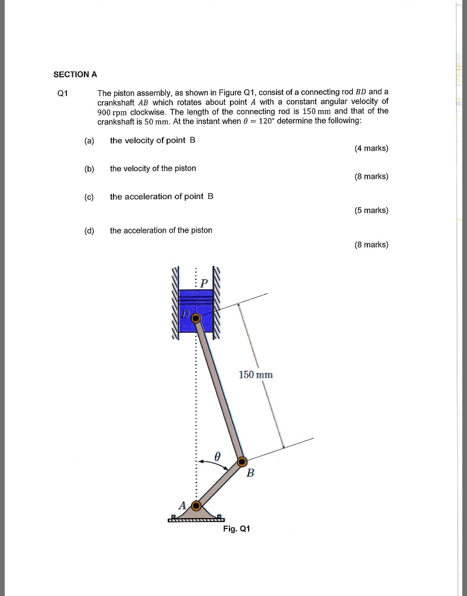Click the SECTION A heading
75,74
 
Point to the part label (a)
89,141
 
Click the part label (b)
89,169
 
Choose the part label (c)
89,197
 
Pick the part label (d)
89,230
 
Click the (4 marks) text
371,148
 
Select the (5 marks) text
371,211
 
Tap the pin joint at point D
196,318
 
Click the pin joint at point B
243,462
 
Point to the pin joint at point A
196,505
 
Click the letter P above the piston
203,284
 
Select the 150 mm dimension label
256,375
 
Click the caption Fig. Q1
236,529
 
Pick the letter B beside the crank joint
250,473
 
